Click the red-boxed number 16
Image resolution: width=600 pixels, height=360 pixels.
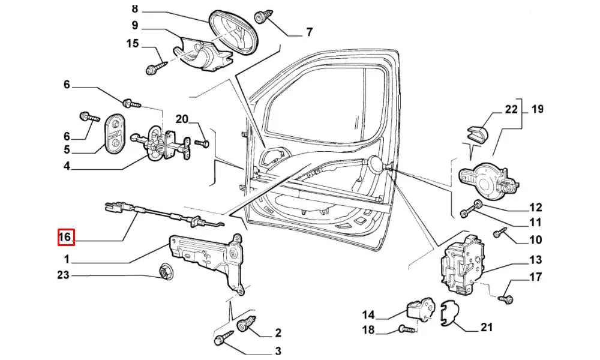click(65, 238)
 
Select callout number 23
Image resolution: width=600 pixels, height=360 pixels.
click(64, 275)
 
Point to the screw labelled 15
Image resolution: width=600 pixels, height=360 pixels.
click(153, 67)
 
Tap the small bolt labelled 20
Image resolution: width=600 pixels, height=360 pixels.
click(202, 143)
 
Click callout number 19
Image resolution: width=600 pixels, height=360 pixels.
click(537, 109)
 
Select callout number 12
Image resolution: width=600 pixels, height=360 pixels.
click(536, 208)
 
